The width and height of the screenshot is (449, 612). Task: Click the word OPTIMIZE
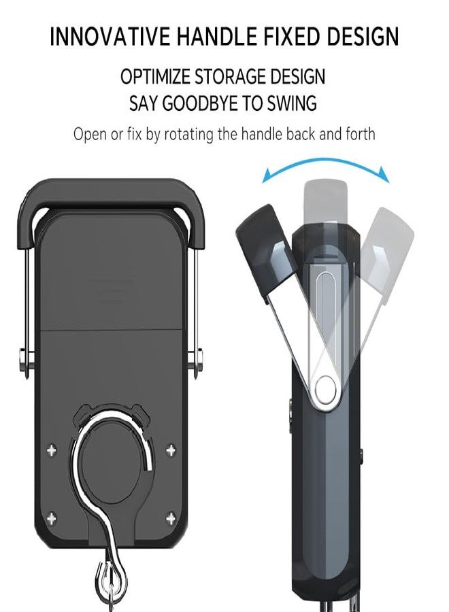coord(155,76)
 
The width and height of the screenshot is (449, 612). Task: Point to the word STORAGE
coord(229,76)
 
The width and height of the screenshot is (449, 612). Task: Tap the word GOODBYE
coord(199,103)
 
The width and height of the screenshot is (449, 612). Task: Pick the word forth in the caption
coord(361,134)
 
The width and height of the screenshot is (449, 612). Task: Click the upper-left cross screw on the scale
coord(51,450)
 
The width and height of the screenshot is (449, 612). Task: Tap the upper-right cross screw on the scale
coord(171,450)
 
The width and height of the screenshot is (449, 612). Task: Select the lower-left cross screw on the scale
coord(51,519)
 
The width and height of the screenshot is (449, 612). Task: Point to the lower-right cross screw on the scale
coord(171,519)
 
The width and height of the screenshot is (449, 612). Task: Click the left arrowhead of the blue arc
coord(267,176)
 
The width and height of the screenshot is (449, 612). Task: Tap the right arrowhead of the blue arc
coord(384,174)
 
